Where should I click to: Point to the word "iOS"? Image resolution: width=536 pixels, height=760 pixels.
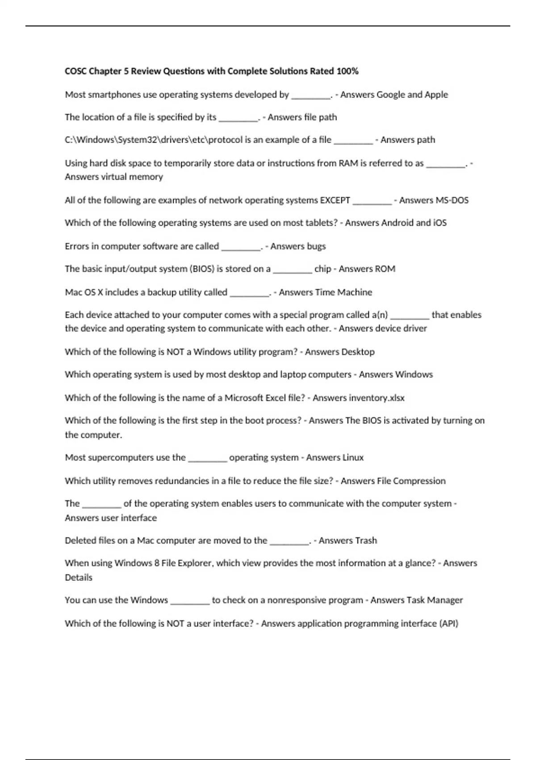pyautogui.click(x=440, y=223)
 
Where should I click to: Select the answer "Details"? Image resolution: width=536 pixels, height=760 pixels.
pyautogui.click(x=79, y=577)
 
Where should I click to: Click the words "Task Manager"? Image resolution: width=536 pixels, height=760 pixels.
pyautogui.click(x=435, y=600)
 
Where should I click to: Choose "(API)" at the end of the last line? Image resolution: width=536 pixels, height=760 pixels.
pyautogui.click(x=448, y=623)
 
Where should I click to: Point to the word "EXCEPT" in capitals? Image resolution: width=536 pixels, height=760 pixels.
pyautogui.click(x=335, y=200)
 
